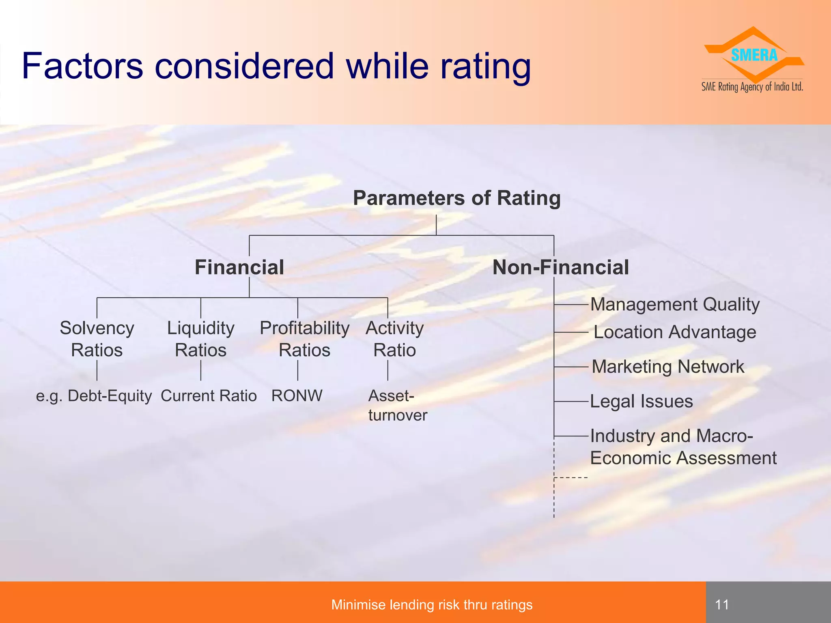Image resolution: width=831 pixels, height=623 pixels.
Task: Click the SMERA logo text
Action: click(754, 55)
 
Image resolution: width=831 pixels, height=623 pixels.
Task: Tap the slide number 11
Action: click(722, 605)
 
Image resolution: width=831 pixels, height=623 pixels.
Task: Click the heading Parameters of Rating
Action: click(456, 198)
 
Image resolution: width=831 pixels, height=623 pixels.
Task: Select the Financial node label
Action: click(239, 267)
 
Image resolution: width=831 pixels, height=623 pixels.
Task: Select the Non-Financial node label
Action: click(560, 267)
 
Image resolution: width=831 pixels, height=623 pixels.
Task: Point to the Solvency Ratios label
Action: click(97, 339)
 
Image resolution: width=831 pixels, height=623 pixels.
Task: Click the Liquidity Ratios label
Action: click(201, 339)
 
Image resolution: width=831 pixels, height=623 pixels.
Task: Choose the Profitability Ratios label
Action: click(304, 339)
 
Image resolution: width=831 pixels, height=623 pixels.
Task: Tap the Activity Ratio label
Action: click(394, 339)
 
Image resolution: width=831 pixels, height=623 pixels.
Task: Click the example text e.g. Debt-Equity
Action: click(94, 396)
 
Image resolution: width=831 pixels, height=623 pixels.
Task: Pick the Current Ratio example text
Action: click(209, 396)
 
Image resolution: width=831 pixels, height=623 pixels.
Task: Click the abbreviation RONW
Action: click(297, 396)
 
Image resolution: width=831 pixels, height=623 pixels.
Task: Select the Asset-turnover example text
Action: click(397, 405)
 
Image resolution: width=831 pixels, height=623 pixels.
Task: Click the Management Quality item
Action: click(674, 304)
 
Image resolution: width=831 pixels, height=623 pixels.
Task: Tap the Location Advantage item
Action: click(674, 332)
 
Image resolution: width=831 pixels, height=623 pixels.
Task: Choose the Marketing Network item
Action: click(668, 367)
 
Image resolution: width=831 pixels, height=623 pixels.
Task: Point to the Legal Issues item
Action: click(641, 402)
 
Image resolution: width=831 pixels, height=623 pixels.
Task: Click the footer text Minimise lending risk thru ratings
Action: click(432, 605)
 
